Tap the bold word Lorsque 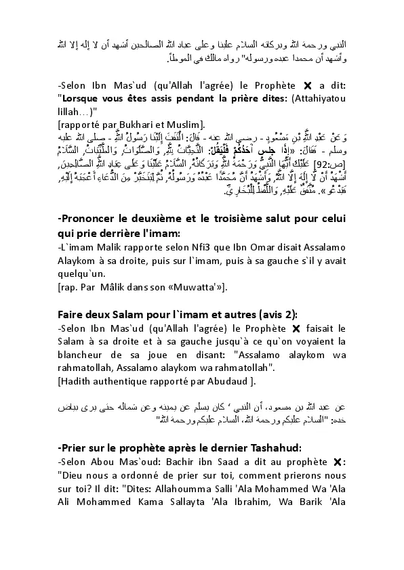pyautogui.click(x=82, y=99)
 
